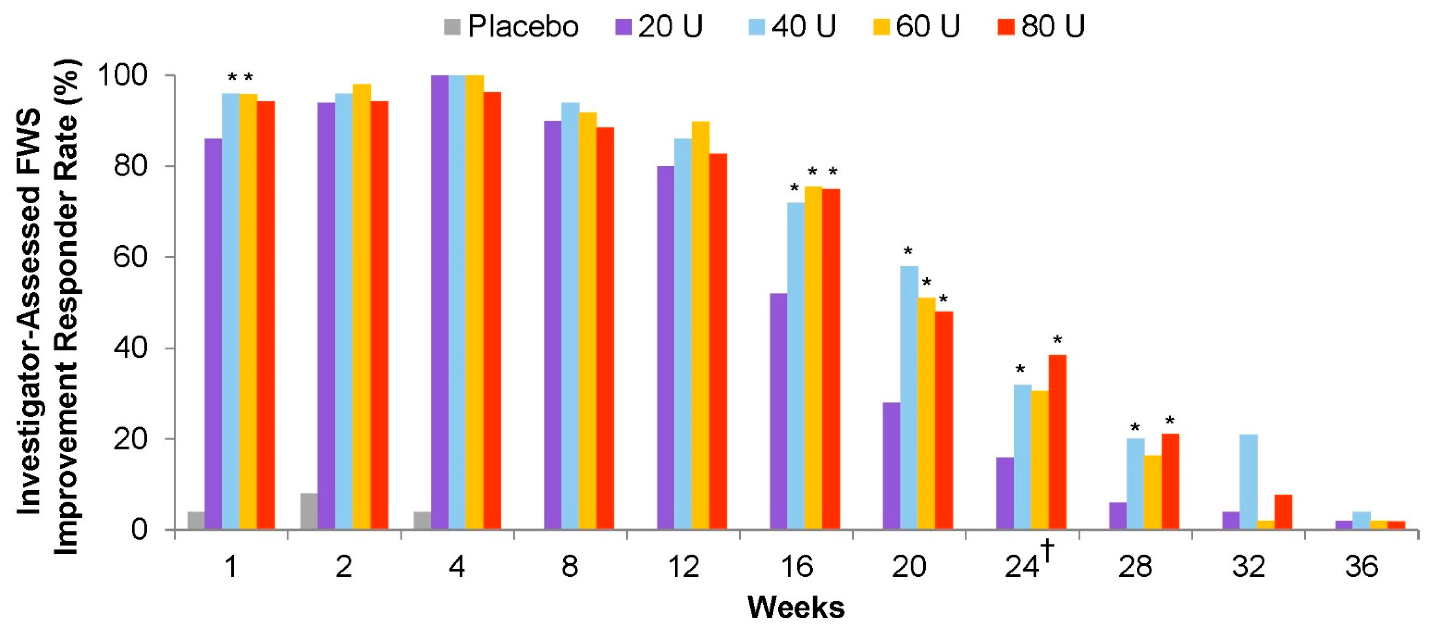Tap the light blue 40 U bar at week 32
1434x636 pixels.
click(x=1248, y=481)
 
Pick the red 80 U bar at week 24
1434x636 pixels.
click(x=1057, y=442)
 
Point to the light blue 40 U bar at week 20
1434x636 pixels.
click(x=909, y=397)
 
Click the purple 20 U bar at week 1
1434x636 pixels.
click(x=213, y=334)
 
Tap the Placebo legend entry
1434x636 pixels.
click(x=511, y=26)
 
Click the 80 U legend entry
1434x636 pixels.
click(x=1041, y=26)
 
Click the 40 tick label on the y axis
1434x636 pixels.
click(x=130, y=348)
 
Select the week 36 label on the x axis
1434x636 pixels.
click(x=1361, y=567)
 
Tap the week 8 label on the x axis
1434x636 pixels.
click(x=570, y=567)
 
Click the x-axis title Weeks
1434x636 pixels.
click(x=796, y=607)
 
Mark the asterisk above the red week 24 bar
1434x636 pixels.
click(x=1057, y=340)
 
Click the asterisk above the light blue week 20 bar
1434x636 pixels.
click(x=908, y=251)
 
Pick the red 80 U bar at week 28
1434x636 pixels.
click(x=1170, y=481)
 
